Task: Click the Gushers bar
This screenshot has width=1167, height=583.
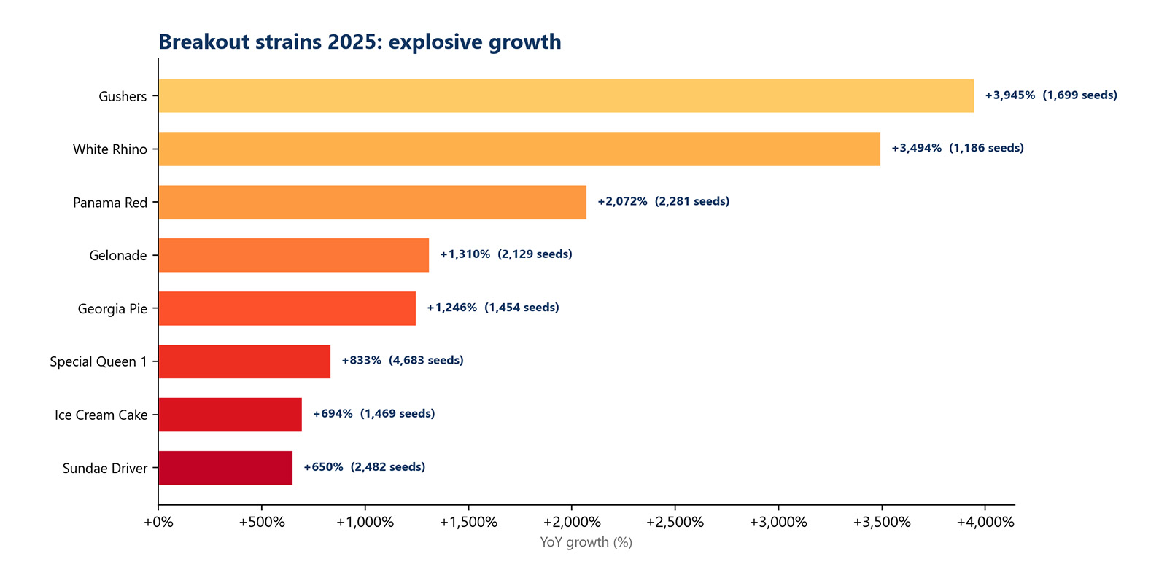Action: tap(565, 95)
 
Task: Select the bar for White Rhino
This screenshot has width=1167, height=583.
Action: tap(519, 149)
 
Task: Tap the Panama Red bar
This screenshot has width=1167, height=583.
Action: tap(372, 202)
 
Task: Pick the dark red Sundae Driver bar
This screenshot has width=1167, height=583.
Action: tap(225, 468)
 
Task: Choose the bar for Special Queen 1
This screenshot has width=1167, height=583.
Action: tap(244, 361)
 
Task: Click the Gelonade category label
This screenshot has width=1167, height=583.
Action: tap(117, 256)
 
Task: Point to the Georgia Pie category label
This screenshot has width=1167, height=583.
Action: tap(112, 309)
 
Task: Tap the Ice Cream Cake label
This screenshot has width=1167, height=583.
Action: tap(101, 415)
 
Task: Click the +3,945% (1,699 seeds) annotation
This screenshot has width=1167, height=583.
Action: tap(1050, 95)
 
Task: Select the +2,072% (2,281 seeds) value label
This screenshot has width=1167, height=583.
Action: tap(663, 202)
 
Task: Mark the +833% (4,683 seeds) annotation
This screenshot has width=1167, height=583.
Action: tap(402, 361)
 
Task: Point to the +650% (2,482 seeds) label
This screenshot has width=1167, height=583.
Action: tap(364, 467)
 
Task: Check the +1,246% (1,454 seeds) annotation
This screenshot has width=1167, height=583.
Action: tap(492, 308)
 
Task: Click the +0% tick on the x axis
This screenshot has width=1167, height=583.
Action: tap(158, 522)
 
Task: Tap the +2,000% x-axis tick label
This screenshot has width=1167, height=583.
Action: tap(572, 522)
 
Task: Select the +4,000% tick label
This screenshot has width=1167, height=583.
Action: tap(985, 522)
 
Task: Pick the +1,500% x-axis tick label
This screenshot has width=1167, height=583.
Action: tap(468, 522)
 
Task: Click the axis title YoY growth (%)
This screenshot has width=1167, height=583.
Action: tap(586, 542)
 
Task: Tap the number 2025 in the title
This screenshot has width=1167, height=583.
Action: tap(354, 42)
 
